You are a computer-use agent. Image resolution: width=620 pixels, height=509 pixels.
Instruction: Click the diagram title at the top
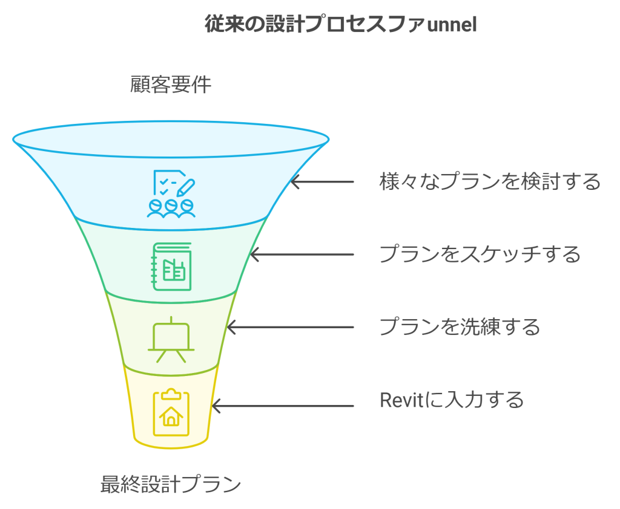coord(340,25)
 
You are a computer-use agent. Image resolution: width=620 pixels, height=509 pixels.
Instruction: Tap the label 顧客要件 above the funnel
coord(171,85)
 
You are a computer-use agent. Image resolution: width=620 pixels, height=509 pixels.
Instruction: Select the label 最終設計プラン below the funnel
coord(171,484)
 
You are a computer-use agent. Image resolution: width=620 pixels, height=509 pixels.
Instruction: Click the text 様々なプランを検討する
coord(490,181)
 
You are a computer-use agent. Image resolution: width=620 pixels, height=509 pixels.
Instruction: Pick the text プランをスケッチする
coord(480,254)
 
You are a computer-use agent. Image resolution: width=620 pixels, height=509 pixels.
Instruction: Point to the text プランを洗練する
coord(459,327)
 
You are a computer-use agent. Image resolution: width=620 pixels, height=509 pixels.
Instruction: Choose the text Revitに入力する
coord(451,400)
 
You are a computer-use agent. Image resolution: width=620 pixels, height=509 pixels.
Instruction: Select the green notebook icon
coord(171,267)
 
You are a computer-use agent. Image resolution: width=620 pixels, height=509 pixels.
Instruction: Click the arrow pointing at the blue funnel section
coord(322,181)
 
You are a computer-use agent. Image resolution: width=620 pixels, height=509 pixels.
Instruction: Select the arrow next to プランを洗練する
coord(289,328)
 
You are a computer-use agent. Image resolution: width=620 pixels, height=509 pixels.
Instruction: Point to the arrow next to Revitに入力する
coord(282,406)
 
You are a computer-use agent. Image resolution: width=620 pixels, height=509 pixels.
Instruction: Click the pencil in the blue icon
coord(187,184)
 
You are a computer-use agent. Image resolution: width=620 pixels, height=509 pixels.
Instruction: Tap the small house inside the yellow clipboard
coord(171,416)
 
